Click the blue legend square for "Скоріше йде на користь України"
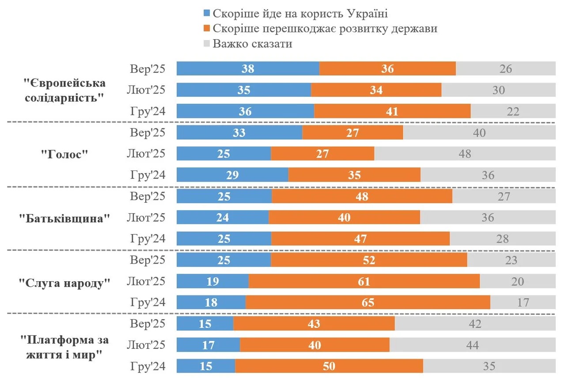click(x=206, y=14)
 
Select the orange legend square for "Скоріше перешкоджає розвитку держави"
click(x=206, y=29)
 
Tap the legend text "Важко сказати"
click(x=252, y=44)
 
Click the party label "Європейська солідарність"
click(x=64, y=90)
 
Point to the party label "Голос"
click(x=64, y=154)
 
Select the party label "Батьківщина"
click(x=64, y=218)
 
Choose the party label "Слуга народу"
click(x=64, y=282)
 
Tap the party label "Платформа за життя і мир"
click(x=64, y=347)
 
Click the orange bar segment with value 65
click(x=368, y=302)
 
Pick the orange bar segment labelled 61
click(x=364, y=281)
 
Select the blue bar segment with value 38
click(x=248, y=69)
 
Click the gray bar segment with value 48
click(x=465, y=154)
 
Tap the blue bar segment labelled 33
click(x=239, y=132)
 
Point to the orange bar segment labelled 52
click(x=369, y=260)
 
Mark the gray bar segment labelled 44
click(x=472, y=345)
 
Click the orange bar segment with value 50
click(x=329, y=366)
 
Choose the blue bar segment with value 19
click(x=212, y=281)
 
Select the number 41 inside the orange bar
click(x=392, y=111)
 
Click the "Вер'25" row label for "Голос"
click(x=148, y=132)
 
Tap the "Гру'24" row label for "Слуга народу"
click(x=148, y=302)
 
